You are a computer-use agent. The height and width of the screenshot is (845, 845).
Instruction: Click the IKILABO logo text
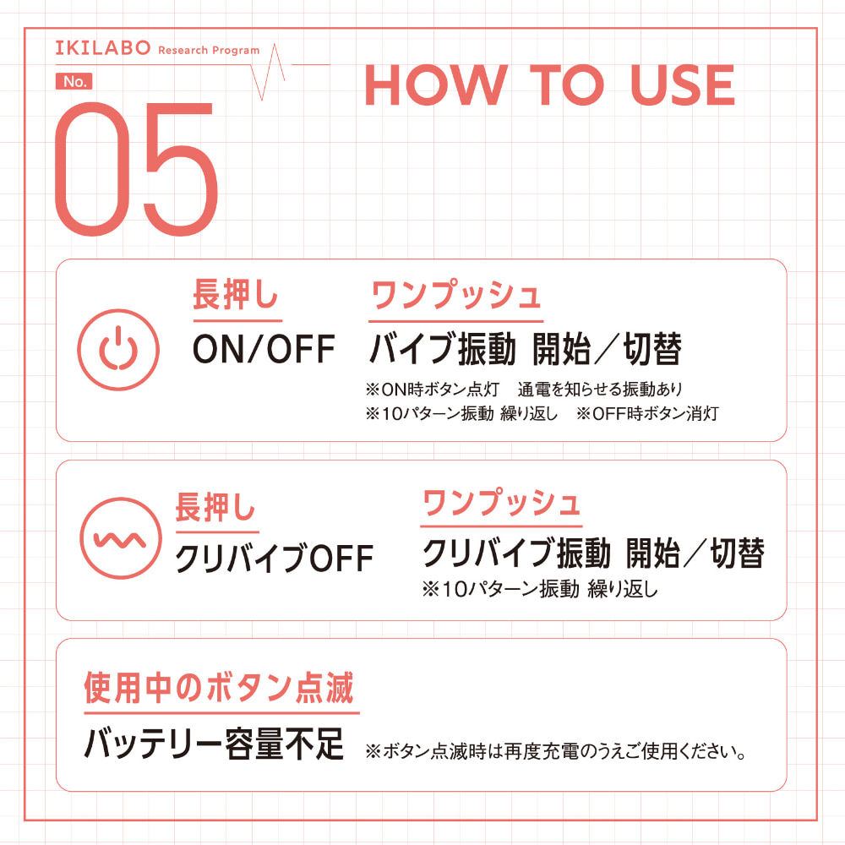(102, 48)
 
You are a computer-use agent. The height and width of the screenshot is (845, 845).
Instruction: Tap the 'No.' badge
(74, 81)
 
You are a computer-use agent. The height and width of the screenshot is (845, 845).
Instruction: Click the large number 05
(136, 169)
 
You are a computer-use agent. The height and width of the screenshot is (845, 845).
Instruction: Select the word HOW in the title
(436, 84)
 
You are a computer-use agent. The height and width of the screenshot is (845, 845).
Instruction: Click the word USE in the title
(682, 84)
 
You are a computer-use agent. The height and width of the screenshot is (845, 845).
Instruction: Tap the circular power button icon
(118, 349)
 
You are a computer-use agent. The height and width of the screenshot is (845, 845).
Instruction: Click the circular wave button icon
(121, 537)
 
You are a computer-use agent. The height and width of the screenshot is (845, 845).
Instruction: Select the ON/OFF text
(264, 349)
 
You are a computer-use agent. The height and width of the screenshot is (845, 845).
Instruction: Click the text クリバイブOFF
(275, 559)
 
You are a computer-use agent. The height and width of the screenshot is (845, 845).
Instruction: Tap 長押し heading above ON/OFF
(236, 295)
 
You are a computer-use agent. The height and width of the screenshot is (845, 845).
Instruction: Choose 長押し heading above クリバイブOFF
(215, 506)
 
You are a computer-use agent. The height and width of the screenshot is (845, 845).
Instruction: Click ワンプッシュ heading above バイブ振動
(456, 295)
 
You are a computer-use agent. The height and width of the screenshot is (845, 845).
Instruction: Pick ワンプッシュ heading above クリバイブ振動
(501, 502)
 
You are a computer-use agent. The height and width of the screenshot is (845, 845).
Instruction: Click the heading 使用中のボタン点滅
(219, 688)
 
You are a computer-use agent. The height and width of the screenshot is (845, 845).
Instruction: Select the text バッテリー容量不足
(214, 744)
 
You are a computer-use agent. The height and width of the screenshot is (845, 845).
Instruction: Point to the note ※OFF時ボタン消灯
(647, 413)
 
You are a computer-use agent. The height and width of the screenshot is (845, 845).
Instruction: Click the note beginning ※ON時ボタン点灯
(524, 389)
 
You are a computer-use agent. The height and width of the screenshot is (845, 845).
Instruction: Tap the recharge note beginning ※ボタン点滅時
(556, 750)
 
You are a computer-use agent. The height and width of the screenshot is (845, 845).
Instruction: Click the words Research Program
(209, 50)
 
